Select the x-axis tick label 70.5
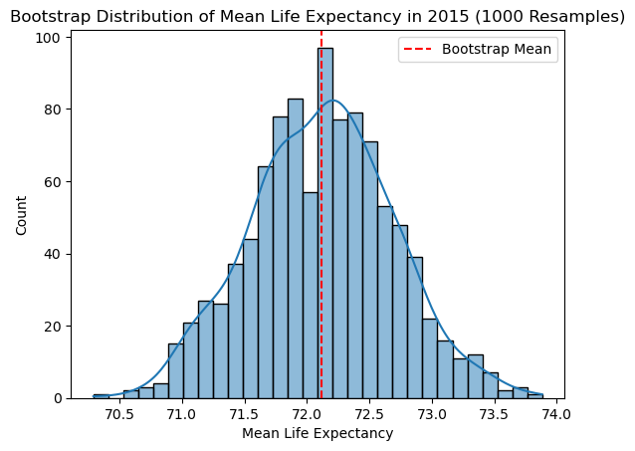click(x=119, y=415)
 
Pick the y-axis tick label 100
click(x=50, y=37)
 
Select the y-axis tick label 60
click(x=54, y=181)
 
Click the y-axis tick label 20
click(x=54, y=327)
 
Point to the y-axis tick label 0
click(x=58, y=398)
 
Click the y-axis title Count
click(x=22, y=213)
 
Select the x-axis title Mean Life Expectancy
click(x=317, y=433)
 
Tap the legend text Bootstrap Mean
click(x=497, y=49)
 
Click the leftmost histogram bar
click(x=101, y=396)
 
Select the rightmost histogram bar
click(x=535, y=396)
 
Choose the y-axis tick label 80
click(x=54, y=110)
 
